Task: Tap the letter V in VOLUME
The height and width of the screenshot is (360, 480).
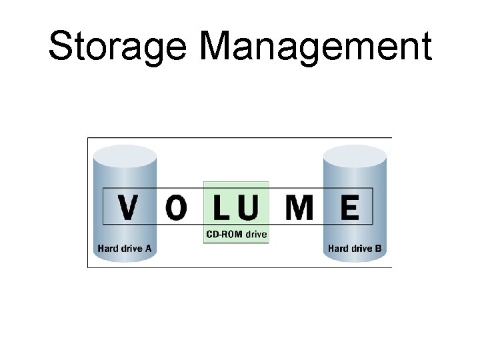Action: click(x=129, y=207)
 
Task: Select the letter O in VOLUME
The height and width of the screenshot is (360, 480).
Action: click(x=176, y=208)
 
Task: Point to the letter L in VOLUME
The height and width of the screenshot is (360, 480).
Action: click(x=223, y=207)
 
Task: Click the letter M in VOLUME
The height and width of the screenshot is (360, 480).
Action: click(x=299, y=207)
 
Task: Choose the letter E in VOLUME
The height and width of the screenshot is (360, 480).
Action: click(x=349, y=207)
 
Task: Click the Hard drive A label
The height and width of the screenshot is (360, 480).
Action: click(x=125, y=249)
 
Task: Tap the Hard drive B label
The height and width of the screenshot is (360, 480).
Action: click(x=355, y=249)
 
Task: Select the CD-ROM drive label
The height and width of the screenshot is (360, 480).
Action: click(x=235, y=235)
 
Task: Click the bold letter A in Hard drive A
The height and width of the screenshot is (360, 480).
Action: click(x=148, y=249)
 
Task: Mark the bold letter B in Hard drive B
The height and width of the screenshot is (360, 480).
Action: click(x=378, y=249)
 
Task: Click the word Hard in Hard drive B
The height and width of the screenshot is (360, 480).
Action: click(x=338, y=249)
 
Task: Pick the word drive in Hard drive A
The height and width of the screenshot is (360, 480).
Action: click(x=131, y=249)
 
